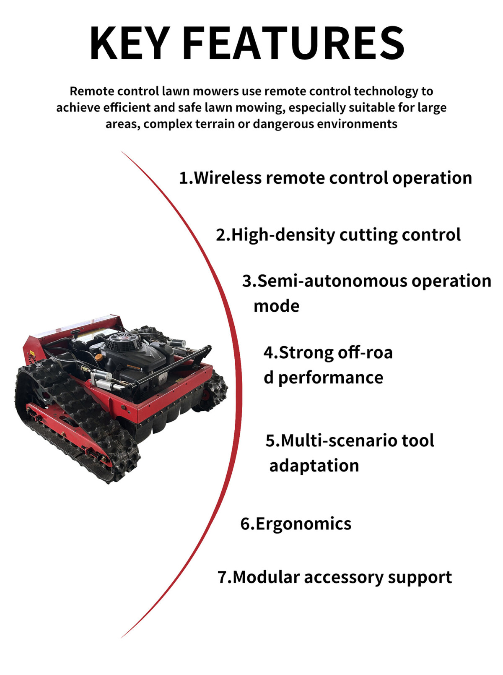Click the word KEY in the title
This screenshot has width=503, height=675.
[x=130, y=43]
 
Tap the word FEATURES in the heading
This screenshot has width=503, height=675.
[x=293, y=43]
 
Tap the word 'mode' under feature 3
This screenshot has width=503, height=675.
[x=276, y=306]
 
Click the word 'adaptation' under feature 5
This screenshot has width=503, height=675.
[x=314, y=466]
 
